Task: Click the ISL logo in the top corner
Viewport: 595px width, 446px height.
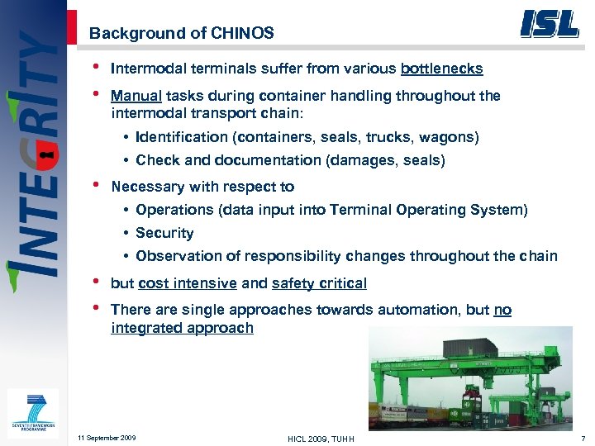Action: coord(549,23)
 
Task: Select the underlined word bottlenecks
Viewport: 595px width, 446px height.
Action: coord(441,69)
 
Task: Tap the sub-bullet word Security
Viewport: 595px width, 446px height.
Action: coord(164,233)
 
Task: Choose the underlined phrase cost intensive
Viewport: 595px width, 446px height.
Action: coord(188,283)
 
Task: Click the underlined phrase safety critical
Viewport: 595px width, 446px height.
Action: coord(319,283)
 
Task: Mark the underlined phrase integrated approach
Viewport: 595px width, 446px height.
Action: coord(182,328)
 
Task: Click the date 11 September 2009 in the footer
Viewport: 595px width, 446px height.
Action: coord(106,437)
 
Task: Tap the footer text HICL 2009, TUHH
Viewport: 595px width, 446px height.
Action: coord(321,438)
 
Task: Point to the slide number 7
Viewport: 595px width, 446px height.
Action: coord(583,437)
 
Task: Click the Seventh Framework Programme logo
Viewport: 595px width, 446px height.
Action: coord(32,413)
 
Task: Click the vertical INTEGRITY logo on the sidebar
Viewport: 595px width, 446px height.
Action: coord(33,157)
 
